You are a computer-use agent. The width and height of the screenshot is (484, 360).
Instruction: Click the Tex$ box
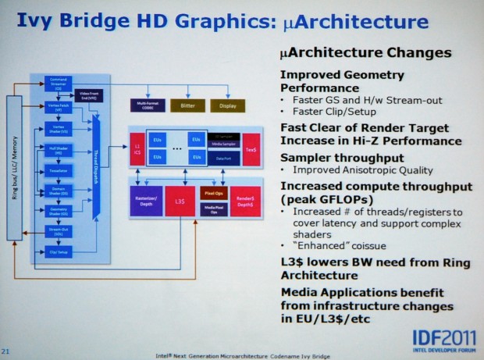pos(251,148)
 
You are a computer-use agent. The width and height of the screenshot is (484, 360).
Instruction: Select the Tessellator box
pos(58,170)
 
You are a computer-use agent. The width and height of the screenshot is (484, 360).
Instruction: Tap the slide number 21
pos(5,351)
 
